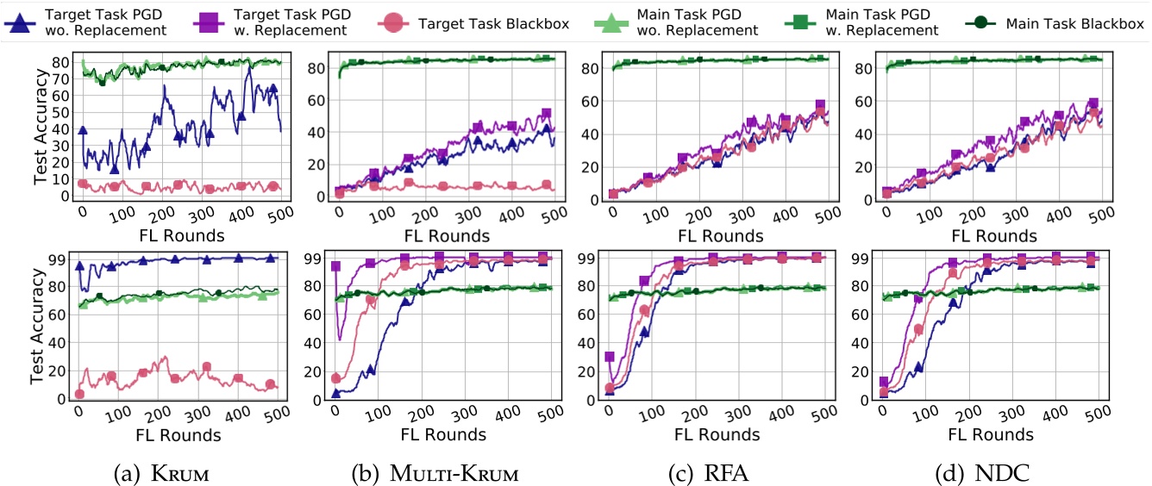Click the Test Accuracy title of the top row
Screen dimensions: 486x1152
pyautogui.click(x=41, y=129)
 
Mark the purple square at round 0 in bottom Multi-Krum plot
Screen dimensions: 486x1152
pyautogui.click(x=336, y=266)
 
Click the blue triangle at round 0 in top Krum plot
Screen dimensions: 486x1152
pyautogui.click(x=83, y=130)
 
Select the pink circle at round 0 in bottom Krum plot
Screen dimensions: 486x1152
pyautogui.click(x=79, y=394)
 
